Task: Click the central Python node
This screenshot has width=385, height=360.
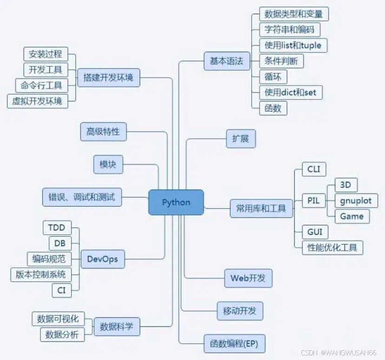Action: tap(176, 202)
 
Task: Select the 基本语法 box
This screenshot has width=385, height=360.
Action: tap(226, 61)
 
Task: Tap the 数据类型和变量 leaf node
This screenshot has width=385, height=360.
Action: tap(293, 14)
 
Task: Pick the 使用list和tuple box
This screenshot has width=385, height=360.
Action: tap(292, 45)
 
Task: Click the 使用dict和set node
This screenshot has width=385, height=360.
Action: tap(290, 92)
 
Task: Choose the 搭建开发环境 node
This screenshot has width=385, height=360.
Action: tap(108, 77)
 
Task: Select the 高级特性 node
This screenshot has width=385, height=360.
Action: tap(103, 132)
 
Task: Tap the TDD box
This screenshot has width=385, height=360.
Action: tap(60, 228)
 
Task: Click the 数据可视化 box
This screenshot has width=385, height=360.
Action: tap(58, 319)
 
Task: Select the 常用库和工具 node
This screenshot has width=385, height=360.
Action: tap(261, 208)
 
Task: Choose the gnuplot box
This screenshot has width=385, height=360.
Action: tap(356, 200)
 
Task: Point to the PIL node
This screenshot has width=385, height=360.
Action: tap(313, 201)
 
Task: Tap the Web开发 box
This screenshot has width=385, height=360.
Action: tap(248, 278)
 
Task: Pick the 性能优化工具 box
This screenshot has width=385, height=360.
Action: tap(332, 247)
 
